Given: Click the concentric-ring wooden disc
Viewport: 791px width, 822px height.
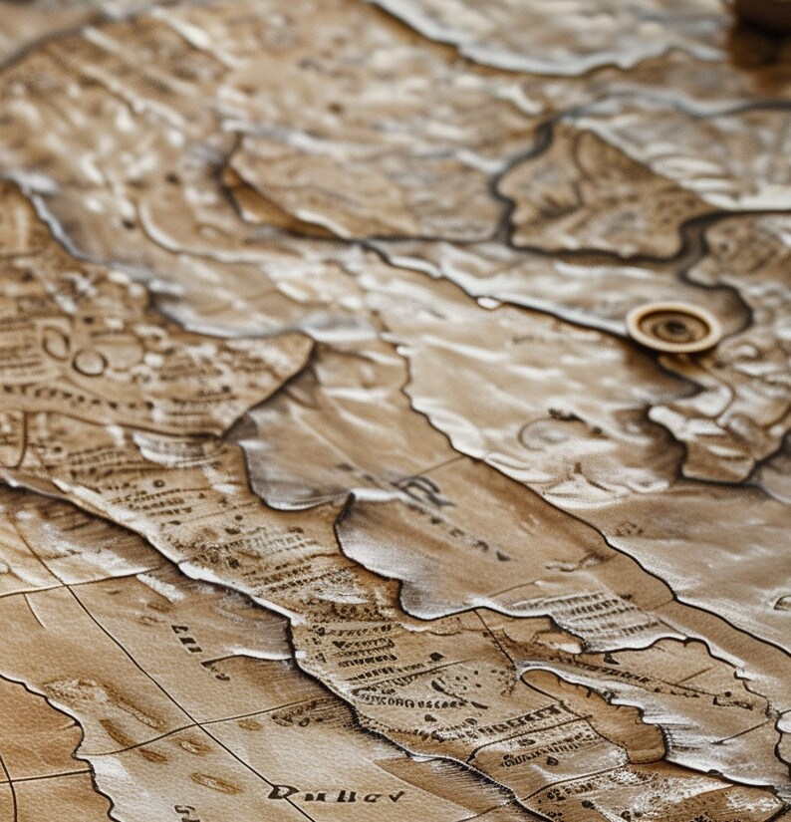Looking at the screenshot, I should (673, 327).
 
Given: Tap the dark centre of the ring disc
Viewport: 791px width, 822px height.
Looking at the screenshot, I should (675, 325).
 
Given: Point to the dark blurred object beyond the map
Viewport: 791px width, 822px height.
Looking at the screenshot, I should (763, 14).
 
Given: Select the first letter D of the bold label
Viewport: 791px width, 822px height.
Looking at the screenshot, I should (282, 793).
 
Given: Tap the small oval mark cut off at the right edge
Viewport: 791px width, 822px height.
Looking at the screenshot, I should (782, 602).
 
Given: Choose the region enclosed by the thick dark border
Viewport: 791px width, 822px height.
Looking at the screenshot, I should (588, 189).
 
